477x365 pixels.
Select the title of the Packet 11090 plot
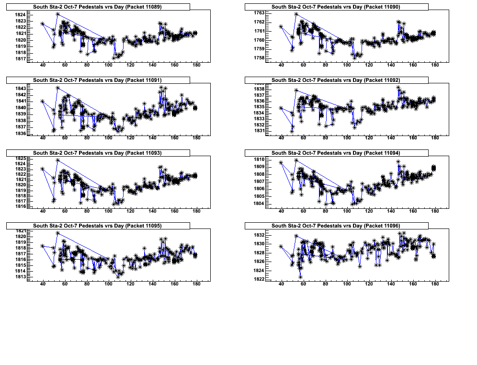point(336,7)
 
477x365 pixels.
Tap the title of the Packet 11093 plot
point(98,153)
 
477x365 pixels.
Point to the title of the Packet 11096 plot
point(336,226)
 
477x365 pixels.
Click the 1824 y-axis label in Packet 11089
point(21,15)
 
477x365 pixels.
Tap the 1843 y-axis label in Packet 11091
point(21,89)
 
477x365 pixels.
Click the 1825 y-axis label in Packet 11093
point(21,159)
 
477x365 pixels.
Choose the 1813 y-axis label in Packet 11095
point(21,277)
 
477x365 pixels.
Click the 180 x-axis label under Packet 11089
point(196,66)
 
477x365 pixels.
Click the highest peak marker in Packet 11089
point(57,14)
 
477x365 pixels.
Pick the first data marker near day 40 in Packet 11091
point(43,101)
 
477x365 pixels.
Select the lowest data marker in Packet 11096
point(300,277)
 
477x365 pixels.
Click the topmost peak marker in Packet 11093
point(57,160)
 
